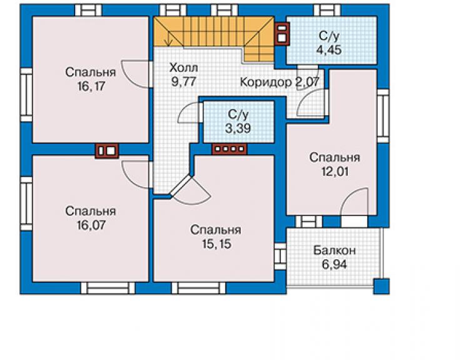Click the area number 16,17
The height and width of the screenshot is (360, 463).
[91, 86]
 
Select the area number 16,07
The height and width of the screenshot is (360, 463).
[91, 225]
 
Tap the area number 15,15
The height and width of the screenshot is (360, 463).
[216, 244]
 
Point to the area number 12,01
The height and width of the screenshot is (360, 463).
[335, 172]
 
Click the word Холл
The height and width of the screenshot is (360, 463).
[183, 68]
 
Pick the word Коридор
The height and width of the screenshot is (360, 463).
[265, 82]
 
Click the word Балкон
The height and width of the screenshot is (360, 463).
[335, 250]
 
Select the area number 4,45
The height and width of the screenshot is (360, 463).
[329, 50]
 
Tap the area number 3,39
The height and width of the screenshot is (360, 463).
[238, 128]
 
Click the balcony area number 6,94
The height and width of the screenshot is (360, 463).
[335, 265]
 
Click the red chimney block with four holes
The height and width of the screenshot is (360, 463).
[230, 149]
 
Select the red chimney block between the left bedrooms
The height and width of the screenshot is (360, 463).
[106, 151]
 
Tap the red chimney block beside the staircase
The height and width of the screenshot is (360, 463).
[282, 33]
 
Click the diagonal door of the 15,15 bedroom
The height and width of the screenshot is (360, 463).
[181, 186]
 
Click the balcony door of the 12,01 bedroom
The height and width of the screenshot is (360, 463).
[355, 204]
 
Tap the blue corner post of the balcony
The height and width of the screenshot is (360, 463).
[381, 286]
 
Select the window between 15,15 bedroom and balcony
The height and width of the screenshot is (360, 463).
[280, 256]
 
